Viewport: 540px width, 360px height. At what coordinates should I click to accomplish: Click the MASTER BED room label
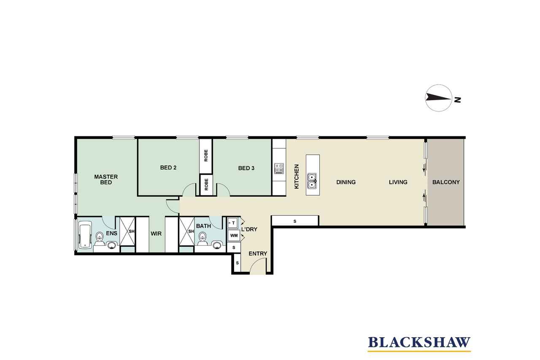[106, 180]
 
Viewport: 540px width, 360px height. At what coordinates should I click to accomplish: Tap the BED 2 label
[168, 168]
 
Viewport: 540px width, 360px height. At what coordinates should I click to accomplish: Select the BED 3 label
[246, 168]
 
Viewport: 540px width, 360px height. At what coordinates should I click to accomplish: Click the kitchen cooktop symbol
[279, 168]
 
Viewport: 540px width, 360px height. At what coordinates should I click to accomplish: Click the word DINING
[346, 182]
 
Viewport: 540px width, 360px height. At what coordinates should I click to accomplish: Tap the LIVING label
[398, 182]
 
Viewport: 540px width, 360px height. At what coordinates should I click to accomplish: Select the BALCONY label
[446, 182]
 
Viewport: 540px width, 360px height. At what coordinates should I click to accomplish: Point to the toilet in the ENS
[99, 238]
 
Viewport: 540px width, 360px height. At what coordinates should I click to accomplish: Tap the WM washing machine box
[234, 235]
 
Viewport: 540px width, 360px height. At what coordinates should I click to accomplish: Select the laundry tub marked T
[232, 223]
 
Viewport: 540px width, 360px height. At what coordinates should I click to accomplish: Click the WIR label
[156, 234]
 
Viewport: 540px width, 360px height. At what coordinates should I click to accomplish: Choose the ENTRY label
[258, 253]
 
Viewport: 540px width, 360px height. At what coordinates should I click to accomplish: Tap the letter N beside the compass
[457, 100]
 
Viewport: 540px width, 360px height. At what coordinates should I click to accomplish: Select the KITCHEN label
[297, 176]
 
